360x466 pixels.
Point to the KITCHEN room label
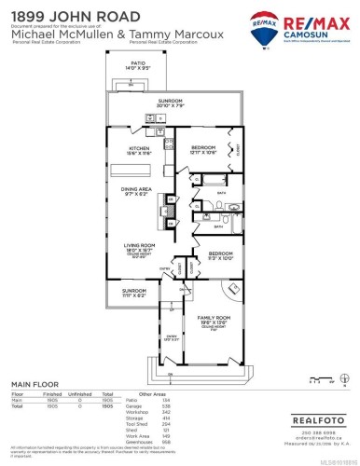pyautogui.click(x=139, y=149)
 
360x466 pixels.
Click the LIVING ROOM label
pyautogui.click(x=138, y=247)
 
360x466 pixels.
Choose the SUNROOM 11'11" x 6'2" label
pyautogui.click(x=134, y=292)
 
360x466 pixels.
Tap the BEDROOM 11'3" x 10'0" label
pyautogui.click(x=220, y=254)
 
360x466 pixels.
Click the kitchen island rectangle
pyautogui.click(x=164, y=173)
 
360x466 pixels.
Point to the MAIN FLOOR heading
pyautogui.click(x=35, y=384)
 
